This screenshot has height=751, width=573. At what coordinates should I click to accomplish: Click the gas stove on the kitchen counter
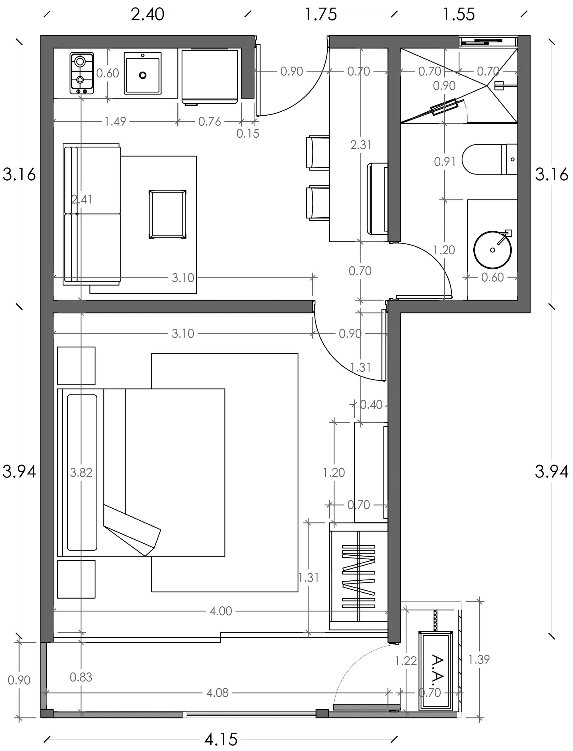pyautogui.click(x=82, y=73)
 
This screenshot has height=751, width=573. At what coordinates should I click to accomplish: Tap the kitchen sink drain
pyautogui.click(x=143, y=75)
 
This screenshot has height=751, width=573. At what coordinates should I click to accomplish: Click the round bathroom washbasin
pyautogui.click(x=492, y=250)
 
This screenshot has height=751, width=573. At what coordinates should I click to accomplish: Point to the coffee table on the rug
pyautogui.click(x=167, y=214)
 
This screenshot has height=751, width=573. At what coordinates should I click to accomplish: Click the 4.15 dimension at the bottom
pyautogui.click(x=221, y=739)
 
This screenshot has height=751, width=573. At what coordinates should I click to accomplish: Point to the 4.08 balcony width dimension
pyautogui.click(x=217, y=693)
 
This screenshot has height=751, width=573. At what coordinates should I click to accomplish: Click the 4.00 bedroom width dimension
pyautogui.click(x=221, y=611)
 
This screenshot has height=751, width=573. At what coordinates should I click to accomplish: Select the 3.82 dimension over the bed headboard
pyautogui.click(x=81, y=472)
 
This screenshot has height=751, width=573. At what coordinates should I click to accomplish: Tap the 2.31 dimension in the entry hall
pyautogui.click(x=361, y=145)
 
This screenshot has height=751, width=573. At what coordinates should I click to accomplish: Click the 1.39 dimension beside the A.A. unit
pyautogui.click(x=479, y=660)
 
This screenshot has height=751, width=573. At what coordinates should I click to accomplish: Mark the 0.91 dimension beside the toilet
pyautogui.click(x=445, y=162)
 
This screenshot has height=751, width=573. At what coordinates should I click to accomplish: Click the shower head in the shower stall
pyautogui.click(x=499, y=85)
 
